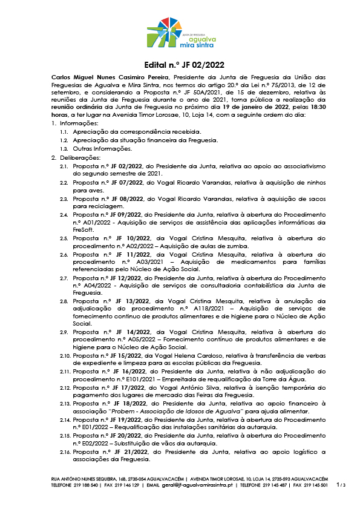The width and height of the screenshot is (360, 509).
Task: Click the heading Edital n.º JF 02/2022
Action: point(180,65)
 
